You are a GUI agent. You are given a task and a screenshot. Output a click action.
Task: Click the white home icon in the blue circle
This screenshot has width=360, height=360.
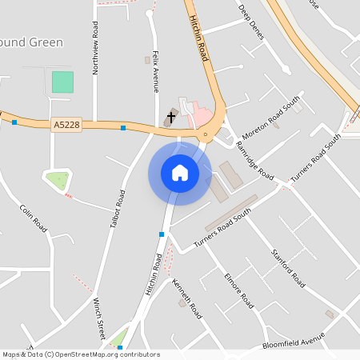coord(180,172)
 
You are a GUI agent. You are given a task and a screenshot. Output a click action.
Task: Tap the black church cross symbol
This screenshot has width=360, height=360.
coord(171,118)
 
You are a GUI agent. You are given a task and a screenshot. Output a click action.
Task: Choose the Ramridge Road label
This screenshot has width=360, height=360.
coord(254,160)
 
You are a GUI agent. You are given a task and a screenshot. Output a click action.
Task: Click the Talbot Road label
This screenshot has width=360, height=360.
coord(117,210)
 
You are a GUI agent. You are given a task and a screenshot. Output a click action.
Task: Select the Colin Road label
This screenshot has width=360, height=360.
coord(34,218)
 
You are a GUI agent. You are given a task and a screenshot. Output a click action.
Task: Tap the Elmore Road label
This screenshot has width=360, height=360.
coord(238,291)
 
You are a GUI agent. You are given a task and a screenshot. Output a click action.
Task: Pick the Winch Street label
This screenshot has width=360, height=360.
coord(99,318)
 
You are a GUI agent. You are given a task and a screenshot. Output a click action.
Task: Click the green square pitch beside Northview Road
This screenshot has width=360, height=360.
coord(62,82)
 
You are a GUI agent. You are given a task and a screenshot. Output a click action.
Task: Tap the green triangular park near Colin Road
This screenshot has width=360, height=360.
coord(56,181)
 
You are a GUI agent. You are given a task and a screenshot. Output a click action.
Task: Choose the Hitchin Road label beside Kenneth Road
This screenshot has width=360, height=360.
coord(154,274)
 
